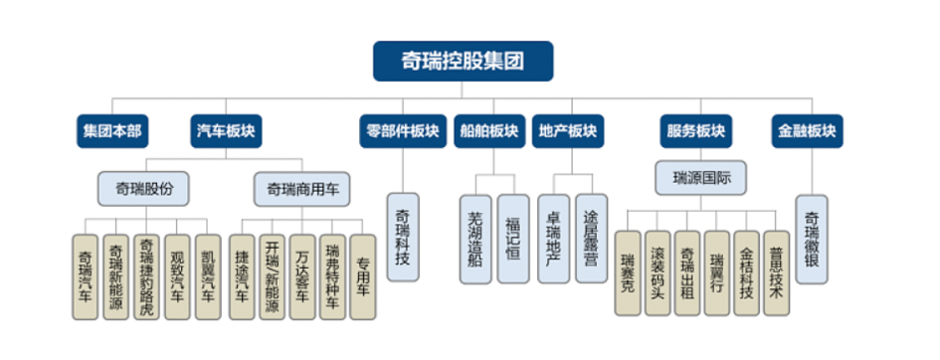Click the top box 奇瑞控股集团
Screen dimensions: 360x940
462,61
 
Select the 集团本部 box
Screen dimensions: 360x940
111,130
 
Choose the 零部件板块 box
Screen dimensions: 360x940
402,130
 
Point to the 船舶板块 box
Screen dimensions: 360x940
488,130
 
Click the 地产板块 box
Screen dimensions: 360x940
568,130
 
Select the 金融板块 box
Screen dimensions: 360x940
807,130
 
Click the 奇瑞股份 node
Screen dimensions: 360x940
145,186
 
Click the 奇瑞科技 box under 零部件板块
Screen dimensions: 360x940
402,239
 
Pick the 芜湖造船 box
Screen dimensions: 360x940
474,239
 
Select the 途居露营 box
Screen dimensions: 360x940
591,239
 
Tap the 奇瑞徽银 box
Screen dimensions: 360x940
812,239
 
